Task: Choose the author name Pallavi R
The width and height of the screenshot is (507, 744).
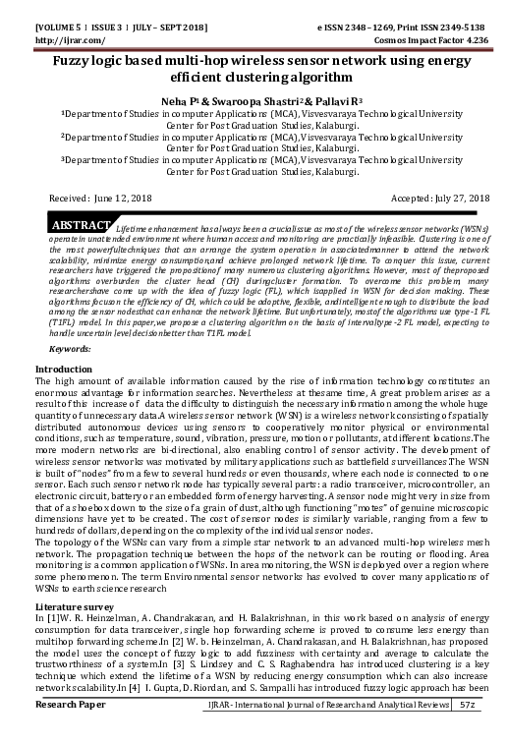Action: click(327, 100)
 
